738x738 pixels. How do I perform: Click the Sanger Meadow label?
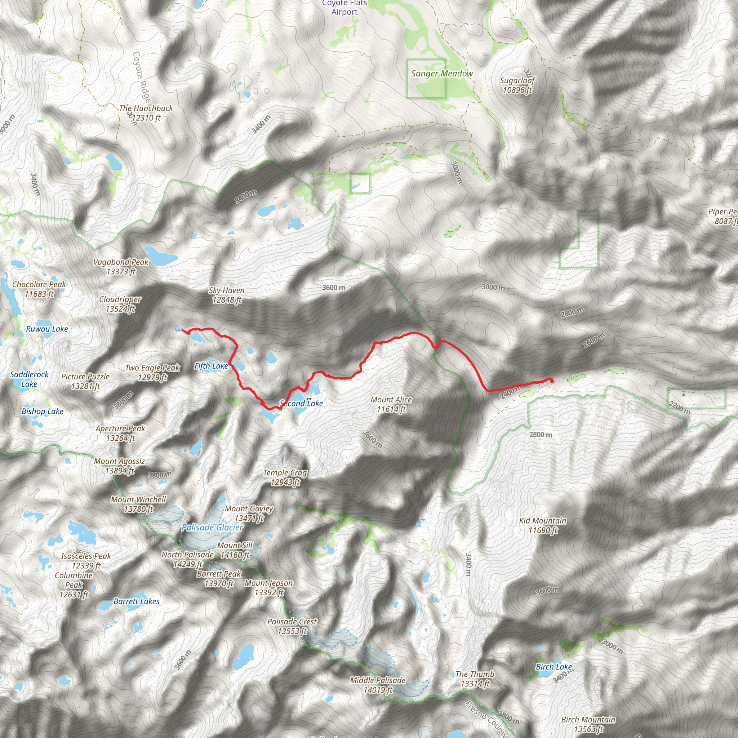coord(442,74)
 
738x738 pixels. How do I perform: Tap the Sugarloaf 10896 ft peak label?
coord(517,85)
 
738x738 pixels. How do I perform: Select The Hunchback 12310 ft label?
coord(146,113)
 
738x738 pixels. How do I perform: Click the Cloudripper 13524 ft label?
coord(120,304)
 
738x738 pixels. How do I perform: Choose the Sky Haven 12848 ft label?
coord(227,295)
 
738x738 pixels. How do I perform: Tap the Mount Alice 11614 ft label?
coord(391,405)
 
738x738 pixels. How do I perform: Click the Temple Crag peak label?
coord(285,477)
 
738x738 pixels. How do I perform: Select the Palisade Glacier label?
coord(212,528)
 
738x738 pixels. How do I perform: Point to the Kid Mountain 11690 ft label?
coord(542,525)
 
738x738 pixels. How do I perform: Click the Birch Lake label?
coord(553,667)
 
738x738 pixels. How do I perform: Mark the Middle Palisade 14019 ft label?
coord(378,685)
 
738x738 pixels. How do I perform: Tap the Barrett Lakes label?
coord(136,601)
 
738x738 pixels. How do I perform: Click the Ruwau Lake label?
coord(47,329)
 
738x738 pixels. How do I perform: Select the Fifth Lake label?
coord(211,366)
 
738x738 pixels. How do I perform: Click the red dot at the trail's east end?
coord(551,381)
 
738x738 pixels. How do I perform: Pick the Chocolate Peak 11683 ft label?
coord(39,289)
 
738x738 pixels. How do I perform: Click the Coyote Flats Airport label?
coord(344,8)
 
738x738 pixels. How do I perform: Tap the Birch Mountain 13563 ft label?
coord(588,724)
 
